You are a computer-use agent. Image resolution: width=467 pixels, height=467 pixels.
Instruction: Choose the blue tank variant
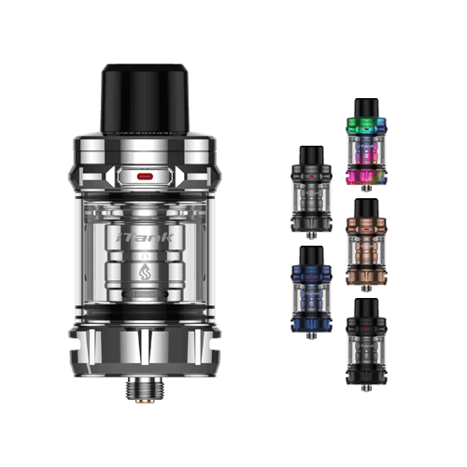click(x=310, y=286)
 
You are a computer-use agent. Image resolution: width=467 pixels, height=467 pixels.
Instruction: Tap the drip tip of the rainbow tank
click(x=367, y=106)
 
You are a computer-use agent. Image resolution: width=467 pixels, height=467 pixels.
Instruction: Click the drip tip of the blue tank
click(x=310, y=254)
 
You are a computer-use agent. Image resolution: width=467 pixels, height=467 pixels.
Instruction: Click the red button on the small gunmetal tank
click(x=310, y=173)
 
